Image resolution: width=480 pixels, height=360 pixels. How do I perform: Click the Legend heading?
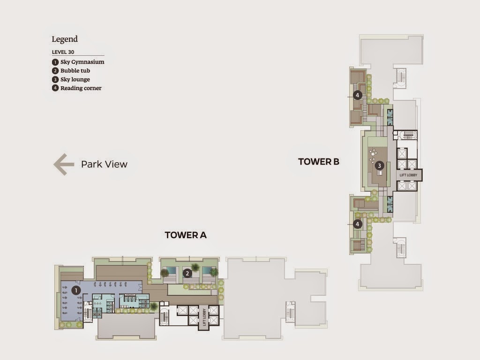coord(65,39)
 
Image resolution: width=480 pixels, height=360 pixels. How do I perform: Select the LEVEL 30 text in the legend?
coord(63,52)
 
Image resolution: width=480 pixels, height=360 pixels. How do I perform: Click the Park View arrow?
coord(64,165)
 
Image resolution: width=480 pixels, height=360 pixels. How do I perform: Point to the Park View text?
coord(104,165)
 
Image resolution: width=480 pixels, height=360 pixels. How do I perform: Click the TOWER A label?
coord(186,235)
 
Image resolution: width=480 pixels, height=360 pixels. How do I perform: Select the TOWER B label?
coord(319,162)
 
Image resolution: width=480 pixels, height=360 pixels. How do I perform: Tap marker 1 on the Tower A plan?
coord(76,291)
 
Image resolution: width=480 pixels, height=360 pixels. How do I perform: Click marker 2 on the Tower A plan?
coord(187,273)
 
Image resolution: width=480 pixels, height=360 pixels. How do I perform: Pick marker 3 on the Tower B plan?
coord(380,165)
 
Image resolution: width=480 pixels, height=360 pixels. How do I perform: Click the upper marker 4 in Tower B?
coord(357,95)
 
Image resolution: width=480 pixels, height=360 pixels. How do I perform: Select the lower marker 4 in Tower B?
coord(357,224)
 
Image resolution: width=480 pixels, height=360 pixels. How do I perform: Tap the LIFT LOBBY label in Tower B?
coord(408,175)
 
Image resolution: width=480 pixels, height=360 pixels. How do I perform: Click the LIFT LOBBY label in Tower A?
coord(204,317)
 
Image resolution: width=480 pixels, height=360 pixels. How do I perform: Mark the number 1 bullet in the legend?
coord(55,62)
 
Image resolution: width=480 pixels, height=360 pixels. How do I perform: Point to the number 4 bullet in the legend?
coord(55,88)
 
